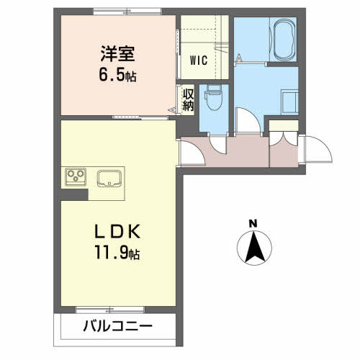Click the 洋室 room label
[x=117, y=54]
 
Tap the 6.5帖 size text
[x=117, y=75]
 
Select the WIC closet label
[x=199, y=60]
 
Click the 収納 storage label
[x=188, y=100]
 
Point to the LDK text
[x=117, y=231]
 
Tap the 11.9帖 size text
[x=117, y=252]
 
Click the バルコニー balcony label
[x=117, y=326]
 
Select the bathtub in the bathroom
[x=284, y=40]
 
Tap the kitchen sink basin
[x=109, y=179]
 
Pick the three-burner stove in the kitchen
[x=76, y=177]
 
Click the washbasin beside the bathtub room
[x=289, y=102]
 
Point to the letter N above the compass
[x=253, y=224]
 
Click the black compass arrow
[x=255, y=246]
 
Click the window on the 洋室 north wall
[x=127, y=12]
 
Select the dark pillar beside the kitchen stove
[x=73, y=194]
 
